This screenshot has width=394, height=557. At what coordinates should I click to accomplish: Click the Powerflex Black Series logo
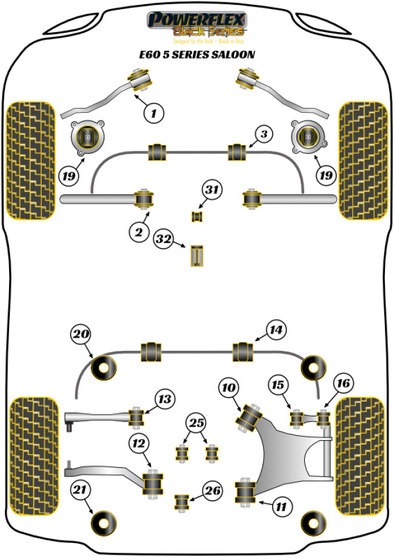(197, 25)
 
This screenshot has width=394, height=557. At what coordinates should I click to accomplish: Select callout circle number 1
(154, 112)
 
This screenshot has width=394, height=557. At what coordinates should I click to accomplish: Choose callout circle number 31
(210, 191)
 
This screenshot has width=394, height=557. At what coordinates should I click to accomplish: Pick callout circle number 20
(81, 334)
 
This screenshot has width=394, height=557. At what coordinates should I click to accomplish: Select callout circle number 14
(275, 330)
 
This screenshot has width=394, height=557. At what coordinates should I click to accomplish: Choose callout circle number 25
(196, 423)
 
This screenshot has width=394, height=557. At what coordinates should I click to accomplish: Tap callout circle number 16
(343, 383)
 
